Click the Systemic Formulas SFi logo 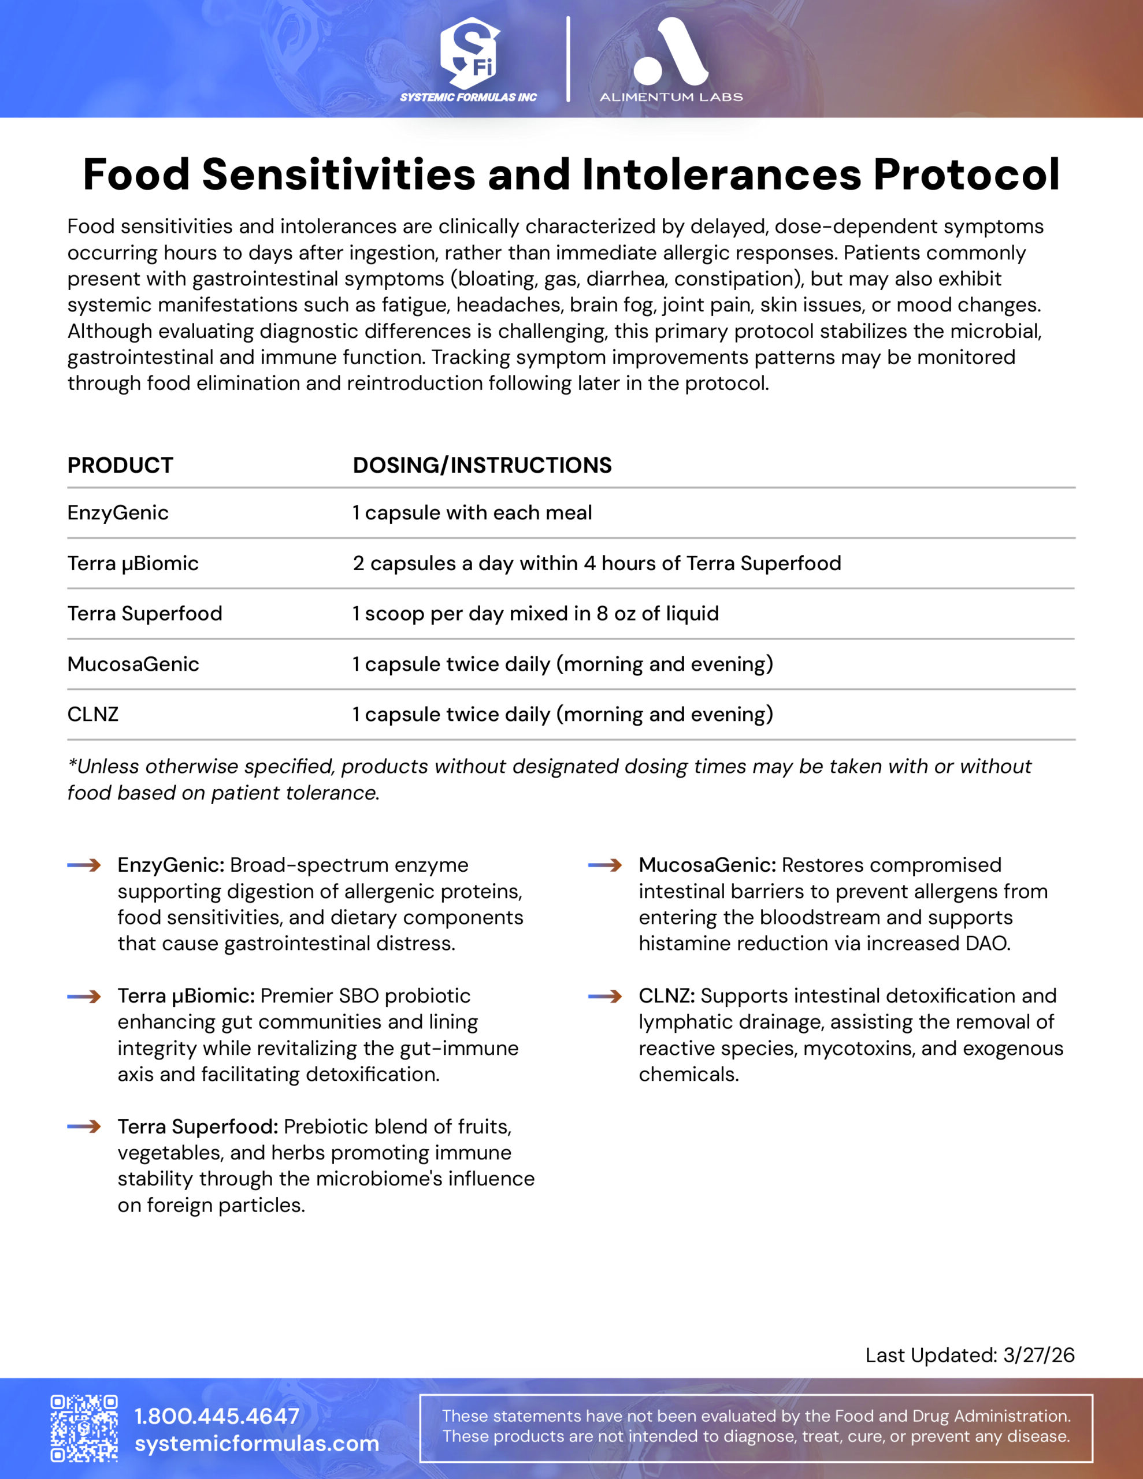469,58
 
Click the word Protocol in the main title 966,174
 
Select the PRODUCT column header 120,465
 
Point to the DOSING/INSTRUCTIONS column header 482,465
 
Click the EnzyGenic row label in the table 118,512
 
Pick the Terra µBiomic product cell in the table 133,563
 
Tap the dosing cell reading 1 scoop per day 535,614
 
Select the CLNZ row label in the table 93,715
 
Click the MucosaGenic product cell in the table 133,664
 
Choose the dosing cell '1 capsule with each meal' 472,512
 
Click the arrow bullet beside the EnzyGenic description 84,865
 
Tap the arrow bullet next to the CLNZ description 605,996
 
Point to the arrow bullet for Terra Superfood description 84,1127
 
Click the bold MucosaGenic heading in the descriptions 707,865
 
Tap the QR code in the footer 84,1428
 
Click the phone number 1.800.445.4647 217,1416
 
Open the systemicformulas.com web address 257,1443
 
